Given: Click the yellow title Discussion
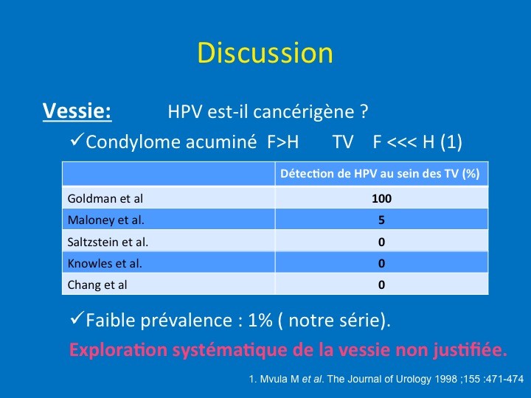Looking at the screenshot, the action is click(x=265, y=53).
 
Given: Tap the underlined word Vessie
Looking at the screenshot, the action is click(x=77, y=111).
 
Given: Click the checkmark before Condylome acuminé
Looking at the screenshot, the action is click(x=77, y=139).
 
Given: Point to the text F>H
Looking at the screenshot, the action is click(x=282, y=142).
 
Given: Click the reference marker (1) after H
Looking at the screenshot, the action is click(x=451, y=142).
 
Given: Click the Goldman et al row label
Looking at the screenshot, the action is click(x=105, y=198).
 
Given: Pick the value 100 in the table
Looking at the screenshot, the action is click(x=382, y=198).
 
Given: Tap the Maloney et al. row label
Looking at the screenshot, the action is click(x=106, y=220).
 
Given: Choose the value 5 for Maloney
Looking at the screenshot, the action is click(x=382, y=220).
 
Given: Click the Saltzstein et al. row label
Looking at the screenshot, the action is click(x=108, y=242).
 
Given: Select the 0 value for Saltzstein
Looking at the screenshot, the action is click(x=382, y=242).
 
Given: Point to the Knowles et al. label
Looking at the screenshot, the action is click(x=105, y=263).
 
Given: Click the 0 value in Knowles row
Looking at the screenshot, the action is click(x=382, y=263).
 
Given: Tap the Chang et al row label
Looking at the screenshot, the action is click(x=97, y=285).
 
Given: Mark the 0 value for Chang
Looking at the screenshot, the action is click(x=382, y=285).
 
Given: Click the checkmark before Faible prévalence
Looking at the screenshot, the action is click(x=77, y=318).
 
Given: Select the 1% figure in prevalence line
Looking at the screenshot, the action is click(x=260, y=320).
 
